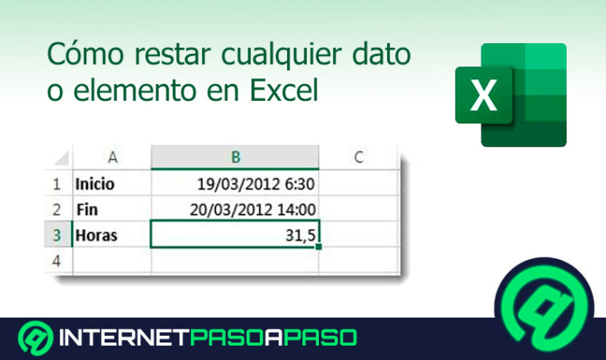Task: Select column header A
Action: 111,157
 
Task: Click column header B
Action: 234,157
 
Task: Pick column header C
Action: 358,157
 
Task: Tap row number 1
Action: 57,184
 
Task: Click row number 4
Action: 57,260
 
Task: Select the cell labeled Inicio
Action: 111,184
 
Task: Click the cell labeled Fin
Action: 111,210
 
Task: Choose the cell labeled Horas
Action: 111,235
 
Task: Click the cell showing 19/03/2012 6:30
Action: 234,184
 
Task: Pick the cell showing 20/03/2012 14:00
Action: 234,210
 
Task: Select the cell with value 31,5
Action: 234,235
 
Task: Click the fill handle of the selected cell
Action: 319,247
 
